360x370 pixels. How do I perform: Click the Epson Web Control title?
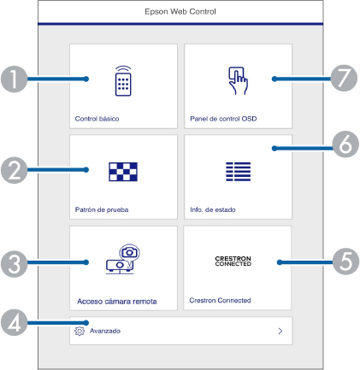[180, 12]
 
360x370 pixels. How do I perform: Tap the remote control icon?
[123, 81]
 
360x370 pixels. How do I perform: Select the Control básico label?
[97, 119]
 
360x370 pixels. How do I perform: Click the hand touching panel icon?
[238, 80]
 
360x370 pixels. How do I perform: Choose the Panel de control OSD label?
[223, 119]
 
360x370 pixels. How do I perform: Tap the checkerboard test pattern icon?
[123, 172]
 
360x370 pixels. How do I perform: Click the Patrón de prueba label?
[102, 209]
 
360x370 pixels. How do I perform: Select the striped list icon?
[238, 172]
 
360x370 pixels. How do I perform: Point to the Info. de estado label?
[213, 209]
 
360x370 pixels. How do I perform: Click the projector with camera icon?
[123, 259]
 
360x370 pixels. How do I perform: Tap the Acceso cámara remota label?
[117, 302]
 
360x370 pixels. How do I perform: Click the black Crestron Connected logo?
[233, 261]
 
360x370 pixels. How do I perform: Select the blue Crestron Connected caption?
[220, 300]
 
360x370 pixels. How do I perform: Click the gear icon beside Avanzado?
[80, 331]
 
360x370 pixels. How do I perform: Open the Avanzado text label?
[105, 331]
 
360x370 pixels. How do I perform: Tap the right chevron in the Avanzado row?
[280, 331]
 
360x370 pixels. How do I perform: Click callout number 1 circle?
[15, 79]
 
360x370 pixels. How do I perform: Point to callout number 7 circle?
[344, 78]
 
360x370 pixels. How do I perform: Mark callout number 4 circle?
[15, 322]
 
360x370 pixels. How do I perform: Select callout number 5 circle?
[345, 261]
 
